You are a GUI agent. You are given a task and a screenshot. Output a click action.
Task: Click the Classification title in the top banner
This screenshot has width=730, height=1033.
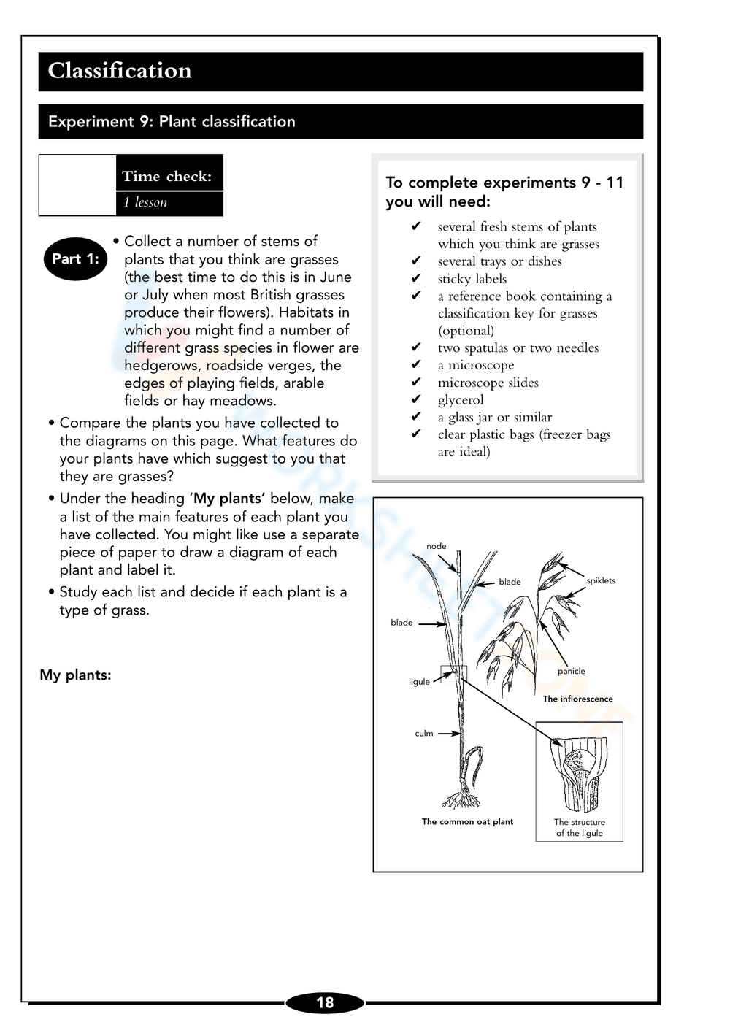point(120,71)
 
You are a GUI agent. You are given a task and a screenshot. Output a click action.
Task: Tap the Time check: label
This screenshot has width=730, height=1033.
point(167,176)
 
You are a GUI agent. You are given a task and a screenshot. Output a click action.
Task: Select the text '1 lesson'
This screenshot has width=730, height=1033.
point(145,202)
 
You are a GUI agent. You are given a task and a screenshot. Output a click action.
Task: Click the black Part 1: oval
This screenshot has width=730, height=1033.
point(75,258)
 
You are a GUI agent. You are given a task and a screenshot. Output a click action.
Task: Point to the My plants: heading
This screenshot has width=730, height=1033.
point(75,675)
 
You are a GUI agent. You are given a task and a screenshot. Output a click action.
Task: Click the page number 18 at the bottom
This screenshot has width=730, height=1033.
point(325,1002)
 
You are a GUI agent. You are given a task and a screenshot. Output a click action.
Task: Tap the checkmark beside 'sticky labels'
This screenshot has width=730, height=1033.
point(416,278)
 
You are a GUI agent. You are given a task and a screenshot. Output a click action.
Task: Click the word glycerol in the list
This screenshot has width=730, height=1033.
point(461,400)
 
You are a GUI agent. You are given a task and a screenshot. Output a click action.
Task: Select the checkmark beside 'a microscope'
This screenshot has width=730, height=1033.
point(416,364)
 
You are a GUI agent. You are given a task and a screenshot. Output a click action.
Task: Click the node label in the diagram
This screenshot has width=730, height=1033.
point(436,546)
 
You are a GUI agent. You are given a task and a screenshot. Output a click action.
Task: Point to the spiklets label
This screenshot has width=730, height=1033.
point(601,581)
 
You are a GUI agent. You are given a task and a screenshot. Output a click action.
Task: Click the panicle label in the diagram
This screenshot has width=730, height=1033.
point(571,672)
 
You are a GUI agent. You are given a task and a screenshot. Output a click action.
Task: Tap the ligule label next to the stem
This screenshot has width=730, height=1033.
point(419,682)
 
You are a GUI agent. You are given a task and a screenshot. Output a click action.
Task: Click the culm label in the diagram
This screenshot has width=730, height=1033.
point(424,734)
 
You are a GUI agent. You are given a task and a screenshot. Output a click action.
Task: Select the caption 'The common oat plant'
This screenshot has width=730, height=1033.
point(467,822)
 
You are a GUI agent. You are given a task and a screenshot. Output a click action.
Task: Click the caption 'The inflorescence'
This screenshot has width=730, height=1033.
point(577,699)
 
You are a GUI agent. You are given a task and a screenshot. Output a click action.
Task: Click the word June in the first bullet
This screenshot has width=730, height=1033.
point(335,277)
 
